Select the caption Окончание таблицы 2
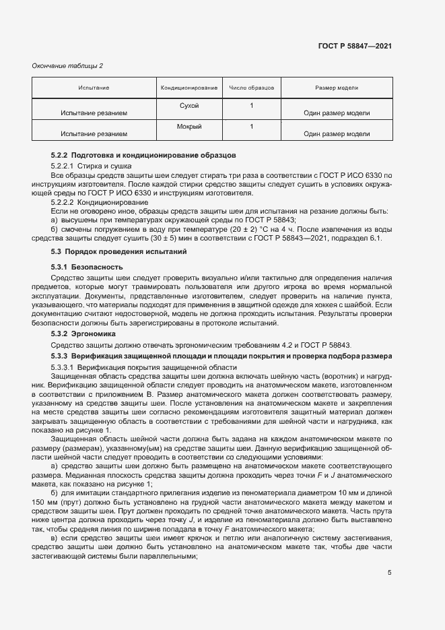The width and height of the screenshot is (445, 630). (67, 65)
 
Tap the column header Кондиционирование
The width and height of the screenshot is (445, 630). (189, 88)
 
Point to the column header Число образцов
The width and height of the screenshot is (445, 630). (251, 88)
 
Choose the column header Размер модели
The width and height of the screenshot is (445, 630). (337, 88)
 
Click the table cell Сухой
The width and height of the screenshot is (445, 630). (189, 106)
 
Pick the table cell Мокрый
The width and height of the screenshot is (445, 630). (189, 126)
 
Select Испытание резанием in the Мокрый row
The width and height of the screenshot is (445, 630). (94, 133)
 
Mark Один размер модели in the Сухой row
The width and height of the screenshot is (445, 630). (337, 113)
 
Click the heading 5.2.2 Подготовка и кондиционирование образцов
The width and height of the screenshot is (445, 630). (143, 156)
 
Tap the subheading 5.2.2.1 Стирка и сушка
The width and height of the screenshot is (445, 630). (91, 165)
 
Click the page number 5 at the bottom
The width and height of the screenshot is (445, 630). (390, 573)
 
